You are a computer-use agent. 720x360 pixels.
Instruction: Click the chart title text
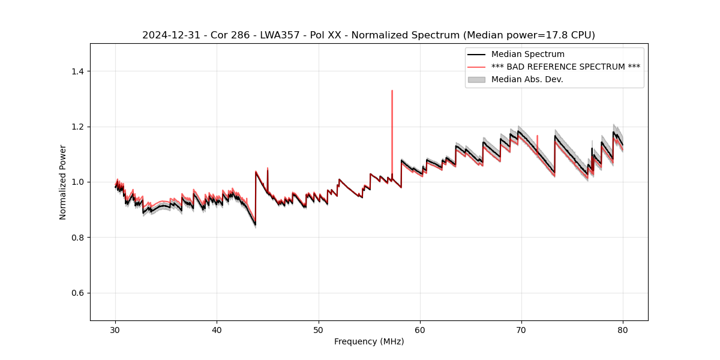(x=368, y=35)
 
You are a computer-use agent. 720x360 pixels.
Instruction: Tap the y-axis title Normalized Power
(x=63, y=182)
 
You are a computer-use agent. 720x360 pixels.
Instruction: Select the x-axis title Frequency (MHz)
(x=369, y=341)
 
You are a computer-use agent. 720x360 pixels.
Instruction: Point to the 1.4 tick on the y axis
(x=77, y=71)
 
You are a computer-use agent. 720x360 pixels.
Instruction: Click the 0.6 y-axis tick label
(x=77, y=293)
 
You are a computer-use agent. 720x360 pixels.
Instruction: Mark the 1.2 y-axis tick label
(x=77, y=127)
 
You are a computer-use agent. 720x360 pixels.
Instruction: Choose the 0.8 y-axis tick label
(x=77, y=238)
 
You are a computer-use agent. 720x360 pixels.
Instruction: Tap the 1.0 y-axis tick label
(x=77, y=182)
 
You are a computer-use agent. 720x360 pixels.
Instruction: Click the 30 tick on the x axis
(x=116, y=329)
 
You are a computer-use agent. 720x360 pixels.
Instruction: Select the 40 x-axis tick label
(x=217, y=329)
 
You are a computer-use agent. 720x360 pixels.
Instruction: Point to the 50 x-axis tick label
(x=319, y=329)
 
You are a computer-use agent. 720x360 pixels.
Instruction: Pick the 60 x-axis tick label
(x=420, y=329)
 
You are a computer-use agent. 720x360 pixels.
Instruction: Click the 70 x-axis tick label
(x=521, y=329)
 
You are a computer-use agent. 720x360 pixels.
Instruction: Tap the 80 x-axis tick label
(x=623, y=329)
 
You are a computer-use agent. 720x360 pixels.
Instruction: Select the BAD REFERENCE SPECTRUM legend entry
(x=565, y=67)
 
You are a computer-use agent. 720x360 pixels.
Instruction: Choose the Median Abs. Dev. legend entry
(x=527, y=79)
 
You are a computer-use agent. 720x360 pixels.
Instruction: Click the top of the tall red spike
(x=392, y=91)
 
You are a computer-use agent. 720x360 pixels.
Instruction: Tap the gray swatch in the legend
(x=476, y=79)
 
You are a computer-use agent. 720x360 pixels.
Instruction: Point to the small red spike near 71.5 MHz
(x=537, y=136)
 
